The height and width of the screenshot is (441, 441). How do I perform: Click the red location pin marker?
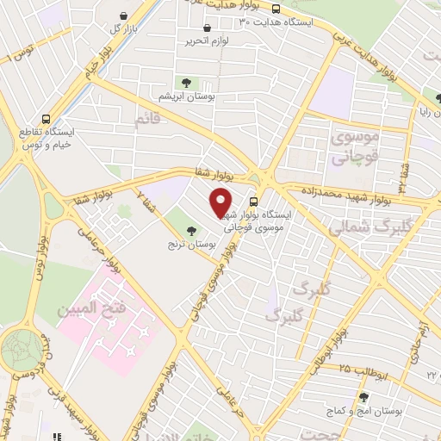pos(221,202)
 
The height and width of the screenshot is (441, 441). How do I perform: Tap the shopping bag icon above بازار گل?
pos(126,16)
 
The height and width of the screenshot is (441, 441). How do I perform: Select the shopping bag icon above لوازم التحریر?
pos(207,28)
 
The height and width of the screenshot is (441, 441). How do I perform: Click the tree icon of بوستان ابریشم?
pos(186,83)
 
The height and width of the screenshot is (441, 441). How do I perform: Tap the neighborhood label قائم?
pos(147,121)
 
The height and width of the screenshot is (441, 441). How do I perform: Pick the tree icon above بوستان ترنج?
pos(190,230)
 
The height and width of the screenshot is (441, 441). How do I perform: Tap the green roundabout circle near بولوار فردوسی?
pos(22,352)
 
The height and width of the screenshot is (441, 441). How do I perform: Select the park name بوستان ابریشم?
pos(186,97)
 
